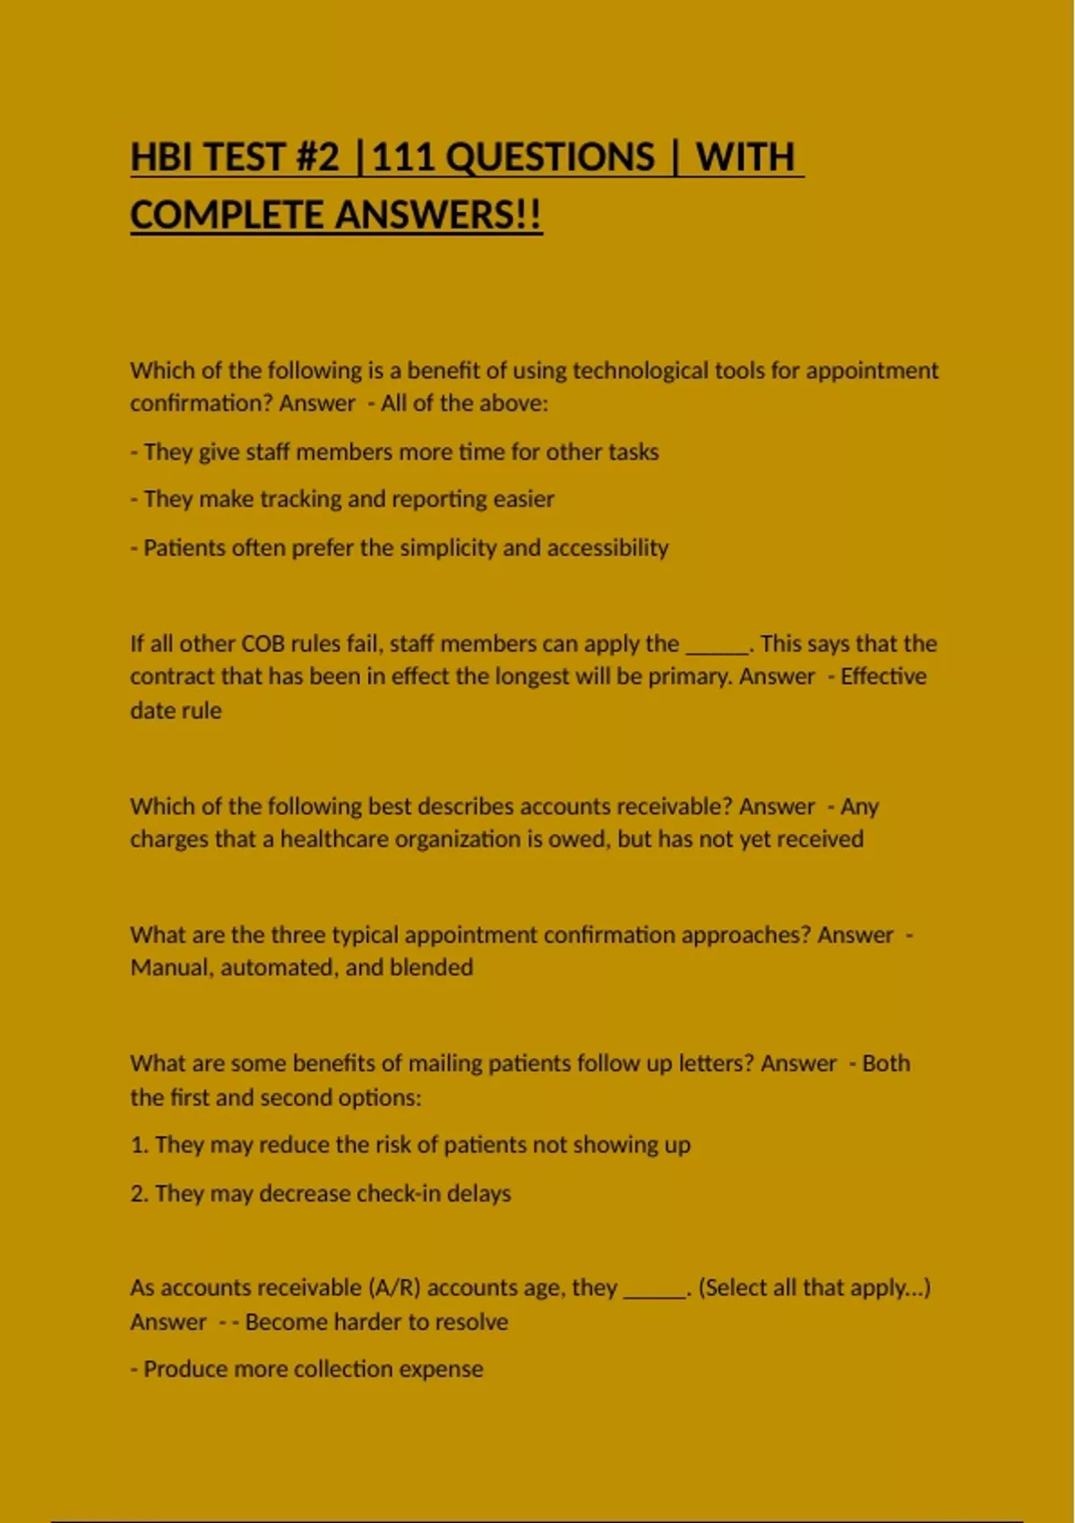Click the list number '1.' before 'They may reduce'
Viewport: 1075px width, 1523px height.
[139, 1145]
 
